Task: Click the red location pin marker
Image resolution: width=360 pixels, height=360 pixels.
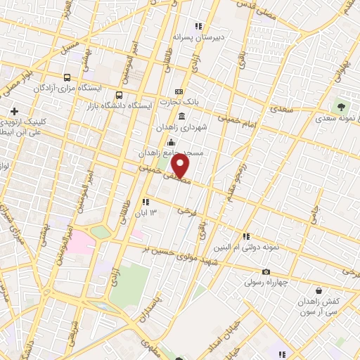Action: point(181,166)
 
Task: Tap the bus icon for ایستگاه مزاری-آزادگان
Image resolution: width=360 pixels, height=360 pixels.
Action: point(67,78)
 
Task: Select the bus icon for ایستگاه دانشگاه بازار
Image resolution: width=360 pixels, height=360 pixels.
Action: point(120,94)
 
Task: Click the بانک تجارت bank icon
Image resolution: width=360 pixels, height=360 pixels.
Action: point(179,92)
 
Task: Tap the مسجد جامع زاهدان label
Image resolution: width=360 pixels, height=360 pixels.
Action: point(181,153)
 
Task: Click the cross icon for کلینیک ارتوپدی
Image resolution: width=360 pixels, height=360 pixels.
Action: point(14,110)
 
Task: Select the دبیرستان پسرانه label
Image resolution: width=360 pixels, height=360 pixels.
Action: point(218,36)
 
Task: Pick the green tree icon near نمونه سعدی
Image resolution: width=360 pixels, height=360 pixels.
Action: point(342,108)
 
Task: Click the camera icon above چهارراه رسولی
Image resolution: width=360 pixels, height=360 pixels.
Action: point(266,272)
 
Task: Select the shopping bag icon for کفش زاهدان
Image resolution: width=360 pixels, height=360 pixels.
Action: point(319,290)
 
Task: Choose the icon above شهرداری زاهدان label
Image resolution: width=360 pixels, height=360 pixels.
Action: point(181,117)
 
